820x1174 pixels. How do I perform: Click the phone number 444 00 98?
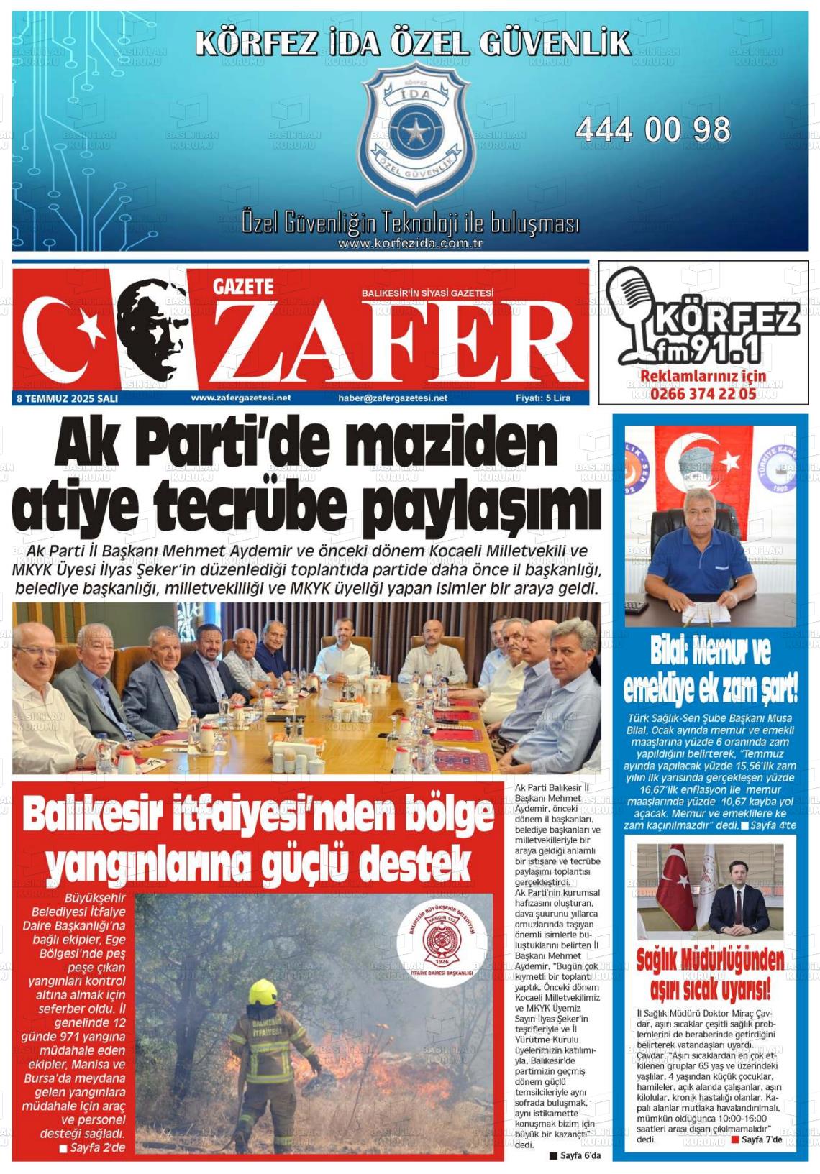(x=652, y=130)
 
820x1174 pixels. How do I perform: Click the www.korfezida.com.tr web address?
(x=410, y=244)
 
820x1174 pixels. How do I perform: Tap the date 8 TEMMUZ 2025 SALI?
(x=66, y=398)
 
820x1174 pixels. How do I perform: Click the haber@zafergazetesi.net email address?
(x=393, y=398)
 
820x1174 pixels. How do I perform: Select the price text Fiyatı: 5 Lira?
(x=543, y=398)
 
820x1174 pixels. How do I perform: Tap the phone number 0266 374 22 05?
(x=703, y=393)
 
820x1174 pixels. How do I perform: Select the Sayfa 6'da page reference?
(x=575, y=1155)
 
